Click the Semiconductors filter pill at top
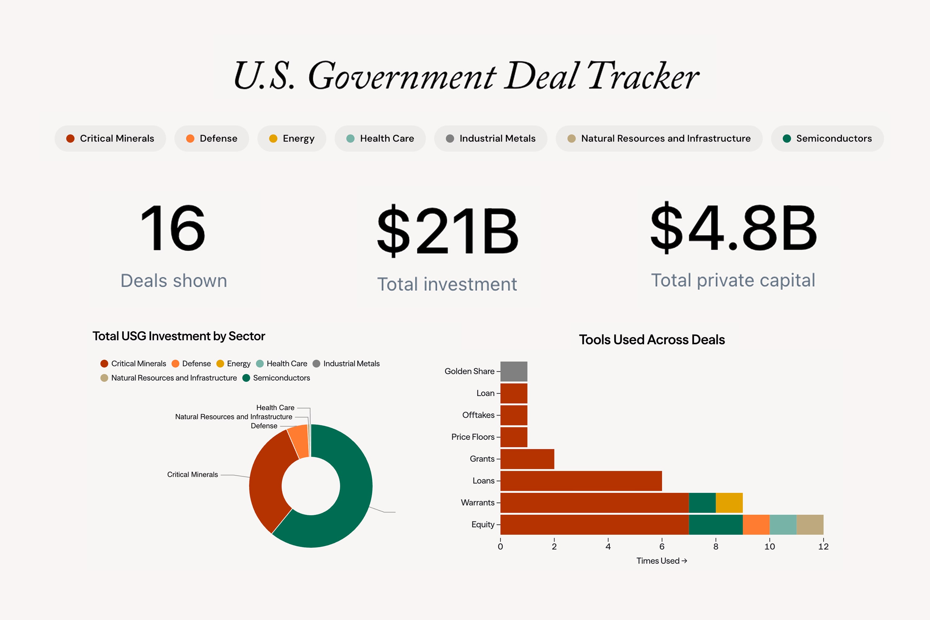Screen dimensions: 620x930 (827, 138)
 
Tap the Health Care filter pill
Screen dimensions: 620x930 (380, 138)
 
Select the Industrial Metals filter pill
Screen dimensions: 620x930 (490, 138)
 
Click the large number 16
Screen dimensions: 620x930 (173, 228)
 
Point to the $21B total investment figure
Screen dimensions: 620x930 (447, 231)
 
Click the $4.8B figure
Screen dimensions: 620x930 (733, 228)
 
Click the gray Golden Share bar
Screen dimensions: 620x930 (514, 371)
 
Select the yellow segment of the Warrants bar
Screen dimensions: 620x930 (729, 503)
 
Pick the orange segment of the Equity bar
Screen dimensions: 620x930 (756, 524)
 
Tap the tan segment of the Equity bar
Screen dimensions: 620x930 (809, 524)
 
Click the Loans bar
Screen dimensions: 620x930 (581, 481)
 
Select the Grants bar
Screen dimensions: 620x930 (527, 459)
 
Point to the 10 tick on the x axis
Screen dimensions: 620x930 (769, 547)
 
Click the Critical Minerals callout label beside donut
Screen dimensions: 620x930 (193, 475)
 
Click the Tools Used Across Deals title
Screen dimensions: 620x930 (652, 340)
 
